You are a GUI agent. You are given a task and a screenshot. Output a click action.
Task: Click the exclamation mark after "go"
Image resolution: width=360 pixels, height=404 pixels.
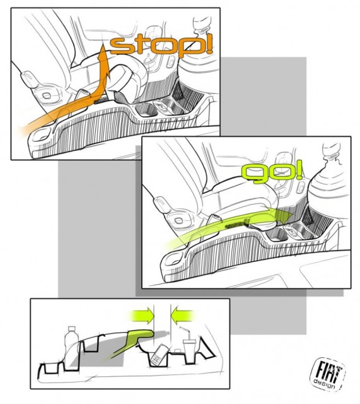click(297, 169)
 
